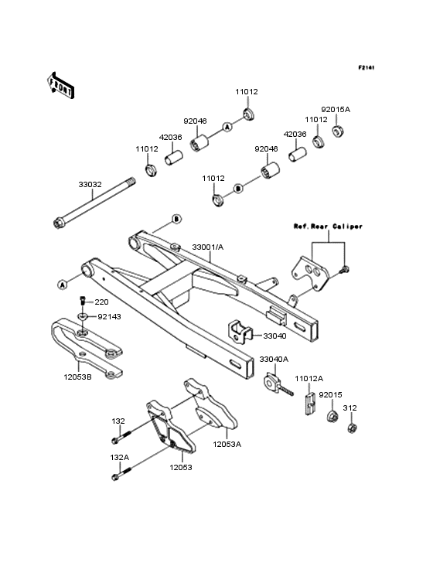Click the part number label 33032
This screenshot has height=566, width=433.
[x=90, y=186]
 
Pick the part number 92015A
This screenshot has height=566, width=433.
[x=336, y=110]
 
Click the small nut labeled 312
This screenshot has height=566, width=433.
[x=349, y=427]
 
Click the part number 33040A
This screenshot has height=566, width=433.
[x=274, y=360]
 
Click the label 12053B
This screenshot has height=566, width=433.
[x=78, y=377]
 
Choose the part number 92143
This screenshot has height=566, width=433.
[x=109, y=316]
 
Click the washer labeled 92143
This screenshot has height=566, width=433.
[x=83, y=317]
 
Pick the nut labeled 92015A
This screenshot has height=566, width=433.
[x=338, y=131]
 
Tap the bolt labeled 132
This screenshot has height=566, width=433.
[x=118, y=440]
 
